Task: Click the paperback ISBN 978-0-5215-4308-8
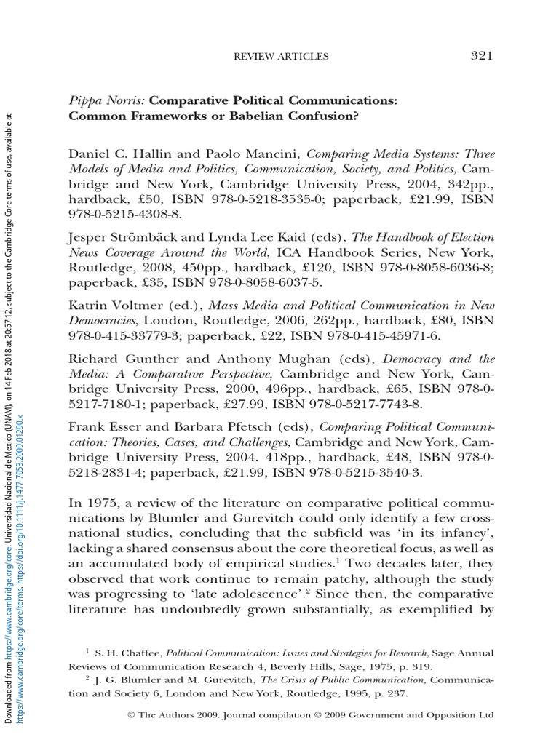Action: click(123, 215)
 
